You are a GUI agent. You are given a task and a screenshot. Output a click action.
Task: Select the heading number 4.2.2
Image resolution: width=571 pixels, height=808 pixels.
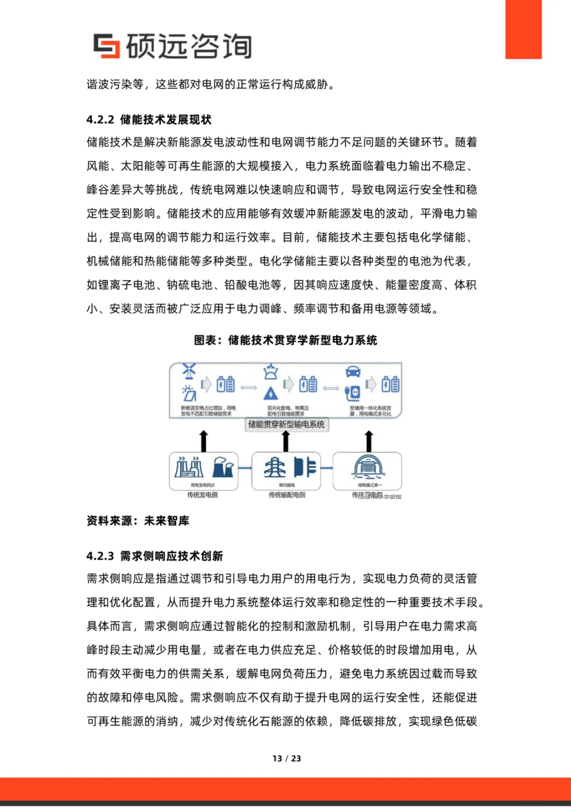pos(100,120)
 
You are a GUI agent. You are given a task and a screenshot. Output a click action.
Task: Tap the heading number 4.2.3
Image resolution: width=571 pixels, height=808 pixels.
pos(100,556)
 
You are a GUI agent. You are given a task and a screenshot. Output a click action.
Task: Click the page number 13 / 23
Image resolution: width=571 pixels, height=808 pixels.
pos(287,758)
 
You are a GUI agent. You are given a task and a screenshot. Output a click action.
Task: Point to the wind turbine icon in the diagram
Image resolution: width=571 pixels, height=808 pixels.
pos(189,371)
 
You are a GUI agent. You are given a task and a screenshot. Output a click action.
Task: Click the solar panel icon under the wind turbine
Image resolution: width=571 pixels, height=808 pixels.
pos(189,393)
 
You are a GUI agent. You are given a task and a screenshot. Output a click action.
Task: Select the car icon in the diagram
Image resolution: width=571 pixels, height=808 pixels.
pos(353,371)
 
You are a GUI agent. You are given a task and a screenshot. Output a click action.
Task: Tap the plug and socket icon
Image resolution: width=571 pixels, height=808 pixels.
pos(352,393)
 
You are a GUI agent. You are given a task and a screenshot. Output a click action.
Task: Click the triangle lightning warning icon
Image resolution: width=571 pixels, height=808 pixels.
pos(271,393)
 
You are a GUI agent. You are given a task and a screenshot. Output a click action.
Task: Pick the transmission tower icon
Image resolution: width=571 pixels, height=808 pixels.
pos(274,468)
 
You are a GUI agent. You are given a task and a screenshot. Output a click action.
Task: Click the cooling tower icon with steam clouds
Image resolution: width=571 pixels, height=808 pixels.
pos(223,467)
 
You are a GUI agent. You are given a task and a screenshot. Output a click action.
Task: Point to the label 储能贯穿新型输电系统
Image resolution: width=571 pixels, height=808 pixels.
pos(286,424)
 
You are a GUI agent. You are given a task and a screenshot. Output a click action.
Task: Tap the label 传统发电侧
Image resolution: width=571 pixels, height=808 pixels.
pos(202,495)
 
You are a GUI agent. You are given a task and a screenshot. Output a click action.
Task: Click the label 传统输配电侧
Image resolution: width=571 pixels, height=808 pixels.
pos(287,495)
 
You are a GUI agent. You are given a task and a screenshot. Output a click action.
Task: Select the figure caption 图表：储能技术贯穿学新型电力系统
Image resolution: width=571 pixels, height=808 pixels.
pos(285,340)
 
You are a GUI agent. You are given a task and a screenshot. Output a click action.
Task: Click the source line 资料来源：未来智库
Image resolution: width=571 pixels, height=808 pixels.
pos(138,521)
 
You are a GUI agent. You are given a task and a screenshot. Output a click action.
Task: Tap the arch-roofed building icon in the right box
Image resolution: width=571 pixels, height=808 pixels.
pos(369,466)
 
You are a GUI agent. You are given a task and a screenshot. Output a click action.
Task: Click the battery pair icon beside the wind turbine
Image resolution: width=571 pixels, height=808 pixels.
pos(225,384)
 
